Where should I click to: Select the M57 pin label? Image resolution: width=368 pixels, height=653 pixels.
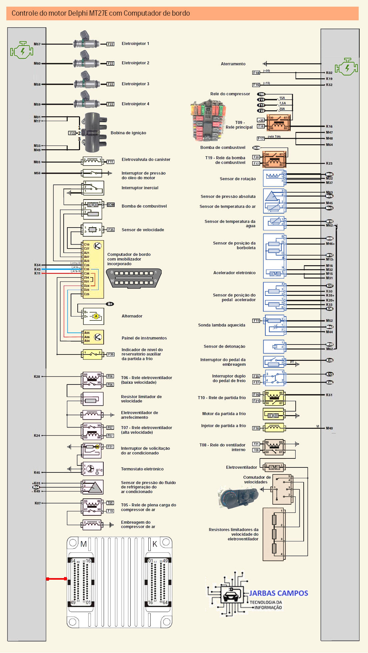coord(37,44)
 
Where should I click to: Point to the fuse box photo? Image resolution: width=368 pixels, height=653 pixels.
coord(208,120)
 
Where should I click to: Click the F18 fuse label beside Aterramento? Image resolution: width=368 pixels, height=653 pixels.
coord(256,73)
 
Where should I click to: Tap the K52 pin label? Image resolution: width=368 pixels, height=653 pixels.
coord(329,85)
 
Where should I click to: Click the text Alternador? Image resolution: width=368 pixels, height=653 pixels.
coord(132,316)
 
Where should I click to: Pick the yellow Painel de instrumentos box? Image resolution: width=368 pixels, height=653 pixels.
coord(93,337)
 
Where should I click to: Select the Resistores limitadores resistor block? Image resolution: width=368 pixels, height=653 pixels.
coord(274,534)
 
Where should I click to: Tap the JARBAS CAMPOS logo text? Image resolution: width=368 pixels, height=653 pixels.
coord(279,593)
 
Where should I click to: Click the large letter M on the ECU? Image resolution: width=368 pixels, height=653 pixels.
coord(83,544)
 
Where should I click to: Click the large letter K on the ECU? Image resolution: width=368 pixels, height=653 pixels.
coord(155,544)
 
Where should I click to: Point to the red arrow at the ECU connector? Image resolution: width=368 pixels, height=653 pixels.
coord(56,579)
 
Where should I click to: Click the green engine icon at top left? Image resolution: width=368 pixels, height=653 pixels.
coord(22,51)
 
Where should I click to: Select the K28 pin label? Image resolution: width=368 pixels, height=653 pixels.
coord(37,376)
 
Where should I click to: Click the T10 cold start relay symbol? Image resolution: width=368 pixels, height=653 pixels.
coord(274,398)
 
